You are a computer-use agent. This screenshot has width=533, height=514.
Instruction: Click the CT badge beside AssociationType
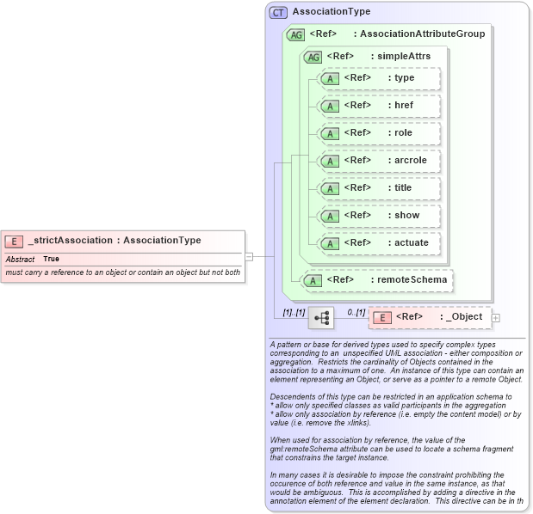click(278, 13)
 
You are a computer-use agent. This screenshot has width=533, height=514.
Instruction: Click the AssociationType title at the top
click(332, 12)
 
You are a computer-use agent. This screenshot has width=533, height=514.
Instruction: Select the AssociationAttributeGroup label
click(422, 34)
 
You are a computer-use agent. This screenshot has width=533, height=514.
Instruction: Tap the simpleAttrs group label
click(400, 57)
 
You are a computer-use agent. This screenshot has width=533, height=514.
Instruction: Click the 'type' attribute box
click(379, 79)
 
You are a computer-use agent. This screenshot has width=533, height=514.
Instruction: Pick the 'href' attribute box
click(379, 106)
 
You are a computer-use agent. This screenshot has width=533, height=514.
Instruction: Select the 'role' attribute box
click(379, 133)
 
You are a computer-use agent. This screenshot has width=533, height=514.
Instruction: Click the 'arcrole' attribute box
click(379, 161)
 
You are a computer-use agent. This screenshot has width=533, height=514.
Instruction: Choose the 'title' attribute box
click(379, 188)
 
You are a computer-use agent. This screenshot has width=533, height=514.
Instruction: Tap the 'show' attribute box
click(379, 216)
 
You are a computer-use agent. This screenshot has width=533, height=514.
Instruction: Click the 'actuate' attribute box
click(379, 243)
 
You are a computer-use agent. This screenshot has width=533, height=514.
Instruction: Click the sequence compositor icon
click(321, 317)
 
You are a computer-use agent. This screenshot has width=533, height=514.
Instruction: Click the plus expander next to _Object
click(495, 318)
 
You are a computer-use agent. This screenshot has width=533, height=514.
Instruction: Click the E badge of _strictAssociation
click(14, 241)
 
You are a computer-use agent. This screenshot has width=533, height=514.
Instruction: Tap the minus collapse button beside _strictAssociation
click(249, 255)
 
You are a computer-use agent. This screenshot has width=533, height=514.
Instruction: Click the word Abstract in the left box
click(20, 259)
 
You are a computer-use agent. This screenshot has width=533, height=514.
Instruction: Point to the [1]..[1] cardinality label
click(294, 311)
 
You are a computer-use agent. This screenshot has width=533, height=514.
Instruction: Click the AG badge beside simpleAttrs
click(313, 57)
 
